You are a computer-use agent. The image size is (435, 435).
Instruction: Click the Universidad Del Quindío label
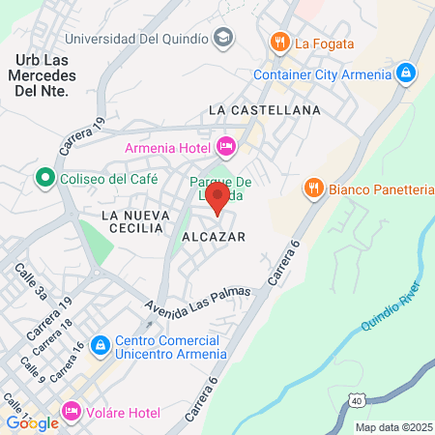click(x=137, y=39)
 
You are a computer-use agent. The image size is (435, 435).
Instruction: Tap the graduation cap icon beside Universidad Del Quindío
click(x=224, y=39)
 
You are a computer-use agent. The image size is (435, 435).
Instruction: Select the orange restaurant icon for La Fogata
click(x=279, y=43)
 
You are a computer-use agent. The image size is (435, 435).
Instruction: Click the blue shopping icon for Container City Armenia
click(x=406, y=73)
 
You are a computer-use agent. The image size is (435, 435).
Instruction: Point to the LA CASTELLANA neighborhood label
click(x=264, y=111)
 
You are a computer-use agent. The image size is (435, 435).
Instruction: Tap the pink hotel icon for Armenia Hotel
click(x=226, y=147)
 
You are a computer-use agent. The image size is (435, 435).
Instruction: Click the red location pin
click(x=218, y=201)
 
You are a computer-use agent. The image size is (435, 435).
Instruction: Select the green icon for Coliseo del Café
click(x=43, y=178)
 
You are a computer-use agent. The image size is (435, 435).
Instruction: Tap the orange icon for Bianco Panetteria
click(x=313, y=189)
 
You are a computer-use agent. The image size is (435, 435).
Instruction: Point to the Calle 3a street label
click(x=24, y=283)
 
